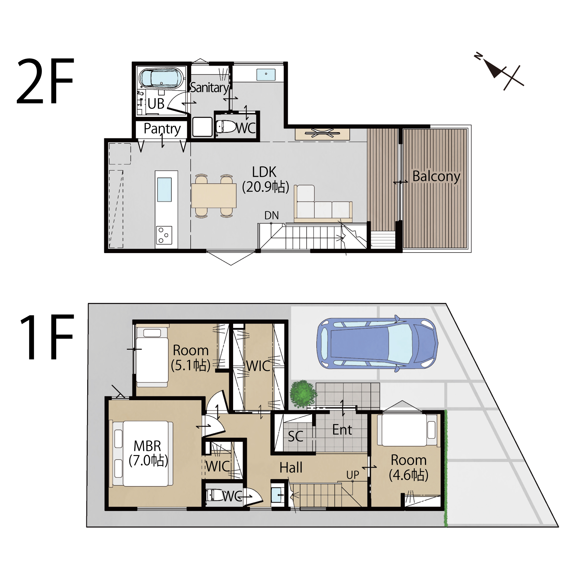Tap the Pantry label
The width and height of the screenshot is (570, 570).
coord(162,129)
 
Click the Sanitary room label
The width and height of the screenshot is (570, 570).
coord(209,87)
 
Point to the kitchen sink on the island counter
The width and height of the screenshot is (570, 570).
coord(164,190)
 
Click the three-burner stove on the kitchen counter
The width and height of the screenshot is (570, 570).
coord(164,235)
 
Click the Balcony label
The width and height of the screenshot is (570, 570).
coord(436,177)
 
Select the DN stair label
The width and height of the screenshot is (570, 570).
coord(271,215)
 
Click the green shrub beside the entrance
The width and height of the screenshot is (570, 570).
coord(303,394)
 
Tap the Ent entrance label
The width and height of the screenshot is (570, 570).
coord(342,430)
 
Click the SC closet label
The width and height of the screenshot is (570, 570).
coord(295,436)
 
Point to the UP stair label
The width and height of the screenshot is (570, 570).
coord(353,475)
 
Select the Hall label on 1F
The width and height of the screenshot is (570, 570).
coord(291,467)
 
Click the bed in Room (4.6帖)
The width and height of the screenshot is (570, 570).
coord(408,430)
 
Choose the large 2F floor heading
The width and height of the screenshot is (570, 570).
coord(45,81)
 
